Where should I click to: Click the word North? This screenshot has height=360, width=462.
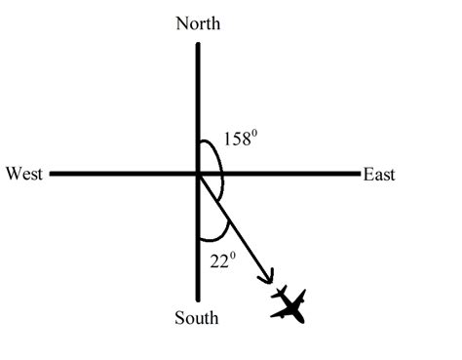coord(198,23)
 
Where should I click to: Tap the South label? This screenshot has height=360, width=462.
coord(197,318)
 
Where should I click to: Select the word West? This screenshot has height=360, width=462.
coord(23,175)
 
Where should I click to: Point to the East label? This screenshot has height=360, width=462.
coord(379,175)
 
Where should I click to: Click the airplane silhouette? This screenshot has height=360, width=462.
coord(289,304)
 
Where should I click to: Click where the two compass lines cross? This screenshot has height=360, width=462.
coord(198,175)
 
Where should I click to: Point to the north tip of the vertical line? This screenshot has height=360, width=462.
coord(198,43)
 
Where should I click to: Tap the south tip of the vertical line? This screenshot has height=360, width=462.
coord(198,300)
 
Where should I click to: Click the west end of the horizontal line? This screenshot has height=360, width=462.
coord(51,175)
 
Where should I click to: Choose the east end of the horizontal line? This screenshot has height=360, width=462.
coord(358,175)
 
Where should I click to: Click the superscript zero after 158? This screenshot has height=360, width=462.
coord(256,134)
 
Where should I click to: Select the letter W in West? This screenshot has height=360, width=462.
coord(12,175)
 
